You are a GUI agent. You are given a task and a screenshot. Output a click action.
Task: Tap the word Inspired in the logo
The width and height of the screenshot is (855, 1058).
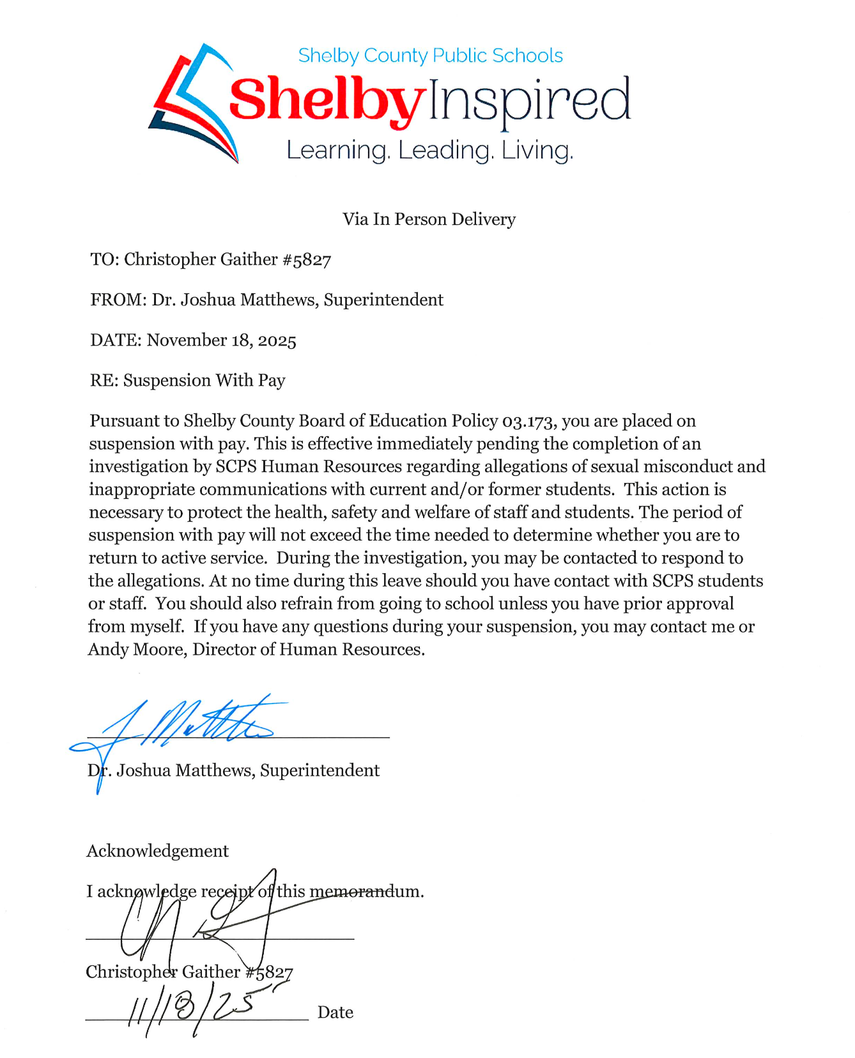click(x=529, y=101)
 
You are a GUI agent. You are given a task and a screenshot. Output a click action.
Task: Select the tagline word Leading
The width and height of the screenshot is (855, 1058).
click(x=445, y=151)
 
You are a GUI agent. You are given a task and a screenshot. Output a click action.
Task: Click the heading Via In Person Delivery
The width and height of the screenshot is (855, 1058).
click(x=429, y=219)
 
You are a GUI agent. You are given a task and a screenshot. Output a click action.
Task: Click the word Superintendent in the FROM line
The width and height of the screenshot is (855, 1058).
click(x=383, y=300)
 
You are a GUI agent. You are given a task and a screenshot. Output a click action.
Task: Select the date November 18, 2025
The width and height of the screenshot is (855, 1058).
click(x=222, y=341)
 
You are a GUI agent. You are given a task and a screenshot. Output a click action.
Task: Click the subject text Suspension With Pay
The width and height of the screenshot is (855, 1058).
click(x=204, y=381)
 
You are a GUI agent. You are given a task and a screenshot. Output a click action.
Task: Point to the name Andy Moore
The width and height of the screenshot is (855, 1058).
click(x=135, y=650)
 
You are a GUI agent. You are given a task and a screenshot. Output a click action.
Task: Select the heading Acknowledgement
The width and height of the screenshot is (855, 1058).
click(x=157, y=851)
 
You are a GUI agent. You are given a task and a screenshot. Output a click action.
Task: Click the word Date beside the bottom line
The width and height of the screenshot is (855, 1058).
click(x=335, y=1013)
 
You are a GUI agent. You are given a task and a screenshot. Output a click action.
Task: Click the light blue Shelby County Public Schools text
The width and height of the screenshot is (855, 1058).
click(x=430, y=56)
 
